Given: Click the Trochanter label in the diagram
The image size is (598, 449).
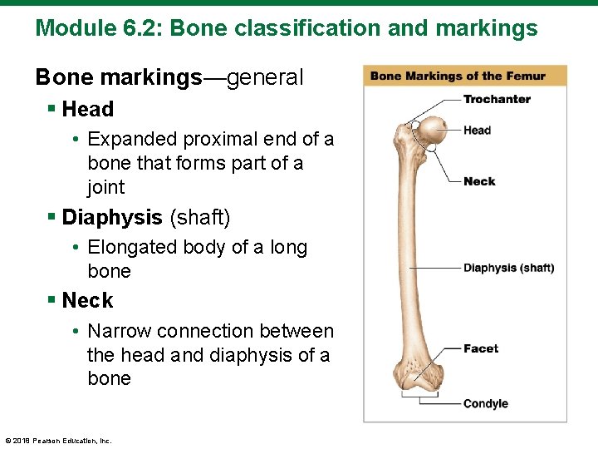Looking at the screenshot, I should click(497, 99).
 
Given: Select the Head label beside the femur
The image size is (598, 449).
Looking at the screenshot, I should click(477, 130).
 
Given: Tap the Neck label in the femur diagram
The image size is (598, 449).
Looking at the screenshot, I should click(479, 181).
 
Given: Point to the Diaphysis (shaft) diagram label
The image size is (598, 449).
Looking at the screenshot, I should click(508, 268).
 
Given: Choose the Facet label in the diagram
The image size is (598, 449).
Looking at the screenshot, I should click(481, 348).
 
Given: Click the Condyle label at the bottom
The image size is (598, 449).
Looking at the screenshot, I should click(485, 403).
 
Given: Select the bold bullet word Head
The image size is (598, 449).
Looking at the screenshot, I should click(88, 109).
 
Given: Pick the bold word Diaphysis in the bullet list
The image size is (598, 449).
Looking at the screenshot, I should click(112, 218).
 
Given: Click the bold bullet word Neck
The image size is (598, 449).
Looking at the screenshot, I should click(87, 300).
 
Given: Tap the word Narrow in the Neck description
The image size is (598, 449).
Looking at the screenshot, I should click(119, 331).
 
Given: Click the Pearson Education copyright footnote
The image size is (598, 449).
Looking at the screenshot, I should click(58, 441).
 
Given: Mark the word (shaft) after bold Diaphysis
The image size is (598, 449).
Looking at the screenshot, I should click(199, 218).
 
